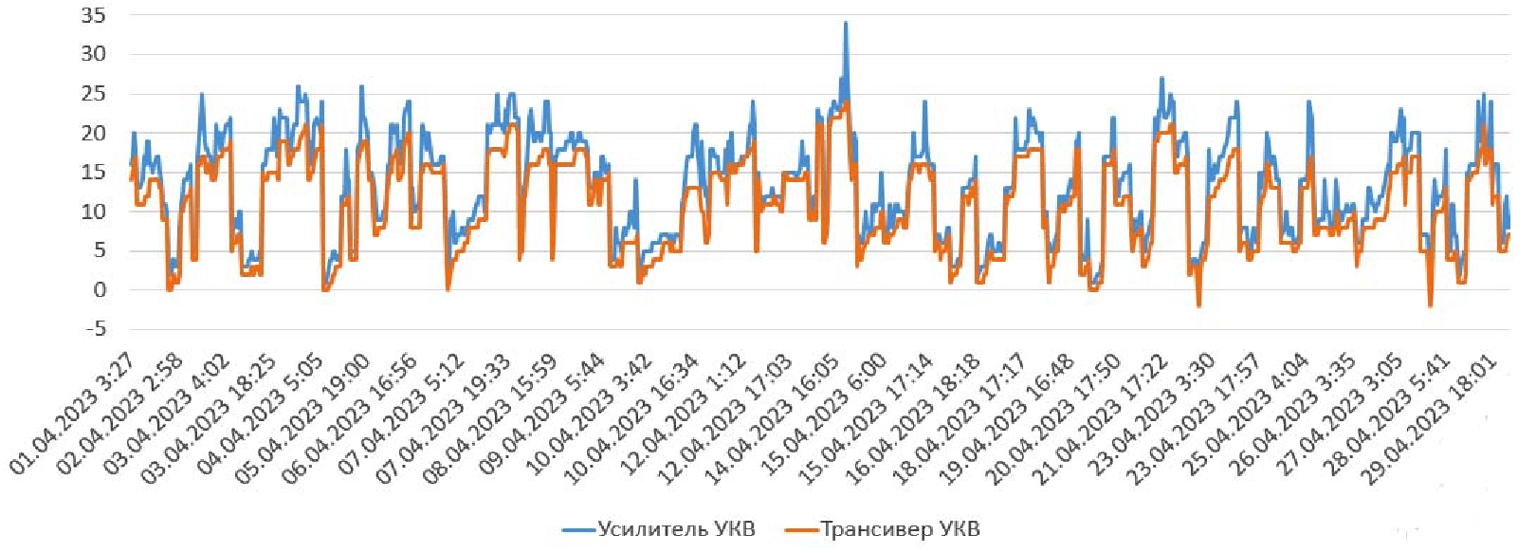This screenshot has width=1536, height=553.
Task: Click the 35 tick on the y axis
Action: [x=93, y=15]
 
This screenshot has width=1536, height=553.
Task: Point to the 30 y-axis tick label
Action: [x=93, y=54]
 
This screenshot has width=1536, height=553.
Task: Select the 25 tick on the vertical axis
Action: [x=93, y=94]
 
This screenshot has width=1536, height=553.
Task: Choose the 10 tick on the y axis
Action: [x=93, y=212]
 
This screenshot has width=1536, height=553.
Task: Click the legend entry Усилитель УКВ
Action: [x=675, y=529]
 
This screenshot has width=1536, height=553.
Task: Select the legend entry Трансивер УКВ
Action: [x=899, y=529]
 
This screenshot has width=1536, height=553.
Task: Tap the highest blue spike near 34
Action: [x=845, y=24]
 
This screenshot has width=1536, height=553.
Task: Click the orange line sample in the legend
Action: [x=801, y=529]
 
